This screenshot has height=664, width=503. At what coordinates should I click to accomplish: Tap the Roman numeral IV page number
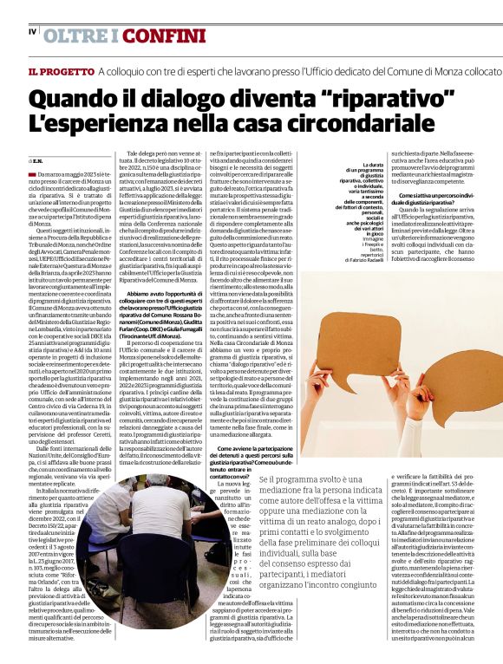[32, 32]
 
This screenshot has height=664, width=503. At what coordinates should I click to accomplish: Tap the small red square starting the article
[31, 175]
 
